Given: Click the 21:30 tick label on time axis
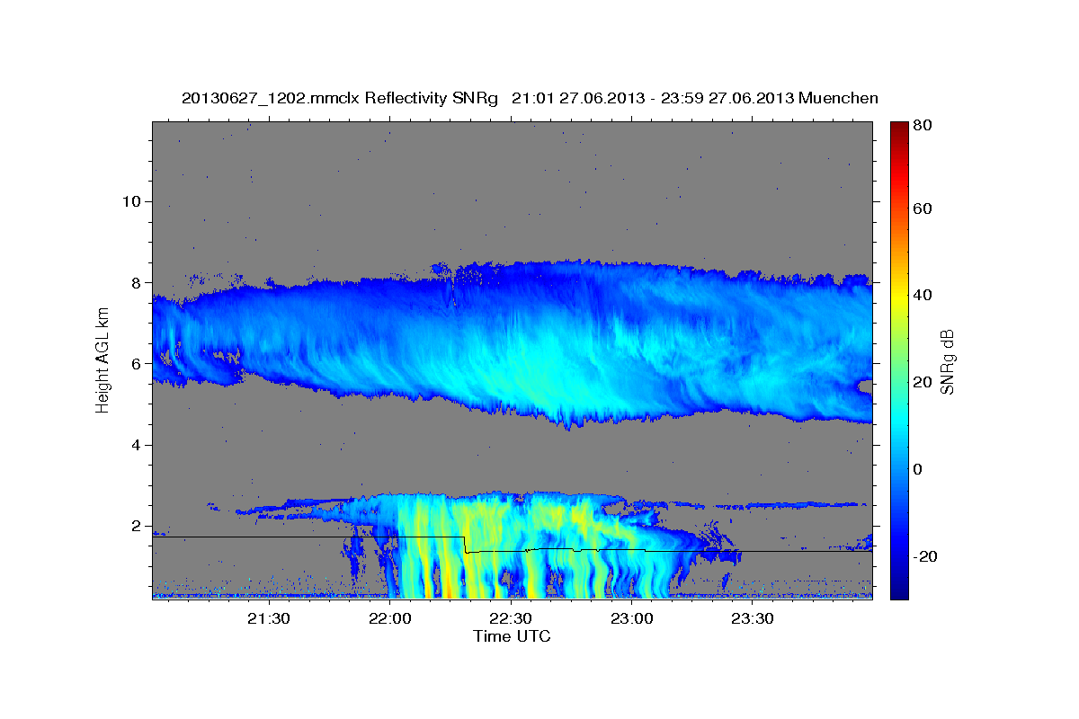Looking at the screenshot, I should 268,619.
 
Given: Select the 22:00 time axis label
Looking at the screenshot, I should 389,619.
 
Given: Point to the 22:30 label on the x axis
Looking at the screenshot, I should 511,619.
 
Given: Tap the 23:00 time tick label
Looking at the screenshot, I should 632,619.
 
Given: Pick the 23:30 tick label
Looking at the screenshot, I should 753,619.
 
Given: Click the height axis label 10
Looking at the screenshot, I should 131,201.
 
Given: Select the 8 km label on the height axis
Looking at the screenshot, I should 137,283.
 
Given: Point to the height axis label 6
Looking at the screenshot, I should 137,364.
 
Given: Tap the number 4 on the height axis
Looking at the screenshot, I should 137,446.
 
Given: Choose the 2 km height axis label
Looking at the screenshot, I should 137,527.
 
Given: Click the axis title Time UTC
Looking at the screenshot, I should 512,636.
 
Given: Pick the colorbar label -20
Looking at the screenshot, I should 925,556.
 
